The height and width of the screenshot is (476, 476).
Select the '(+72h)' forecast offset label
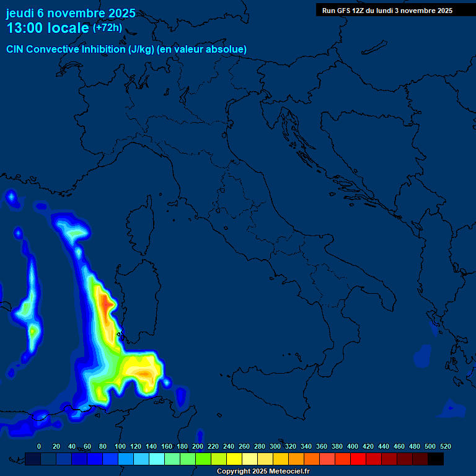pyautogui.click(x=107, y=28)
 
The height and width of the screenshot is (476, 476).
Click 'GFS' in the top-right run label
pyautogui.click(x=342, y=11)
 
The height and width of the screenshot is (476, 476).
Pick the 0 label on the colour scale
pyautogui.click(x=39, y=446)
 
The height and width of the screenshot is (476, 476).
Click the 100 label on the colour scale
pyautogui.click(x=120, y=446)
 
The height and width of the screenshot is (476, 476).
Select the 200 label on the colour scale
pyautogui.click(x=198, y=446)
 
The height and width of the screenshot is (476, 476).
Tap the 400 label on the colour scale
pyautogui.click(x=353, y=446)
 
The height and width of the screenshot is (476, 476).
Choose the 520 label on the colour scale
pyautogui.click(x=445, y=446)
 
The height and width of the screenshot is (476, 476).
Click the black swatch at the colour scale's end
pyautogui.click(x=436, y=459)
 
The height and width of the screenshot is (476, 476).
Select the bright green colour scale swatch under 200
pyautogui.click(x=203, y=459)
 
